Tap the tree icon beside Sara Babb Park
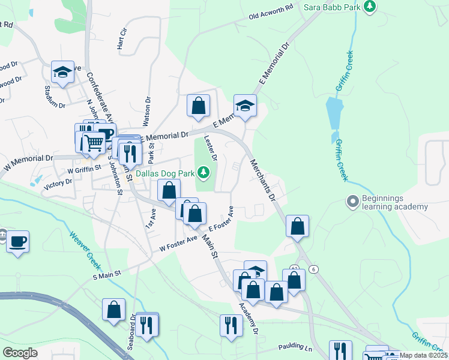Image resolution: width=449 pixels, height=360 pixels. click(x=371, y=6)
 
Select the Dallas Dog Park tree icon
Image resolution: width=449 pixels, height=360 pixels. click(x=204, y=173)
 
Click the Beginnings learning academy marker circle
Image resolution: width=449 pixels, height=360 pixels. click(x=352, y=201)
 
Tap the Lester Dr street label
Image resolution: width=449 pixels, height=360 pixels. click(x=211, y=148)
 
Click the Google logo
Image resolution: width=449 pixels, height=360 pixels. click(x=20, y=353)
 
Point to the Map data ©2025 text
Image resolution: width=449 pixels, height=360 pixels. click(x=424, y=355)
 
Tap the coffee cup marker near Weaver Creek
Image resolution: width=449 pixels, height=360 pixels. click(x=17, y=241)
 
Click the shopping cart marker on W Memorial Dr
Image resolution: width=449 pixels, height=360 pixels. click(x=93, y=143)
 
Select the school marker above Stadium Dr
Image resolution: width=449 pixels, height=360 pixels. click(x=62, y=72)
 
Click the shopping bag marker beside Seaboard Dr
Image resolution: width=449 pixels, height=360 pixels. click(x=113, y=310)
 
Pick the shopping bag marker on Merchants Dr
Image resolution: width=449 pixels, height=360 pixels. click(x=297, y=226)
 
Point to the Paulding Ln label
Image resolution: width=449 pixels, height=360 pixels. click(x=295, y=348)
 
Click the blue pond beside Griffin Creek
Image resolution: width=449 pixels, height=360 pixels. click(x=333, y=112)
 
